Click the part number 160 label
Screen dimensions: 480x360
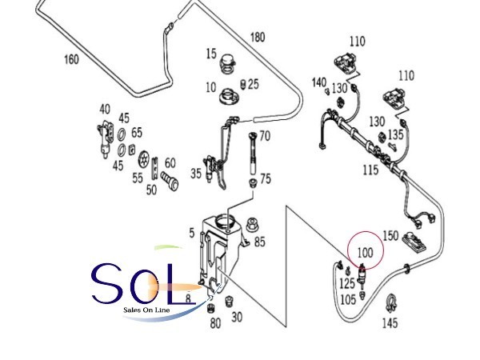pos(71,59)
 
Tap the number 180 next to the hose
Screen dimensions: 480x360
pos(258,38)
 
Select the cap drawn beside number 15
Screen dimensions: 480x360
pos(228,64)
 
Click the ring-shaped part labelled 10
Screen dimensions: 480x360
pos(228,97)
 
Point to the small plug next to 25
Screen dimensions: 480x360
pos(243,84)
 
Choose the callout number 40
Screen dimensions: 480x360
pos(105,109)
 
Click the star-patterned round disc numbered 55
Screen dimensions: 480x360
pos(144,159)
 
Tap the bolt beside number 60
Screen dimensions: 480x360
pos(170,182)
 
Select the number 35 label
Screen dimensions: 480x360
pos(196,174)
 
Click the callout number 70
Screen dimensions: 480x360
pos(265,136)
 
